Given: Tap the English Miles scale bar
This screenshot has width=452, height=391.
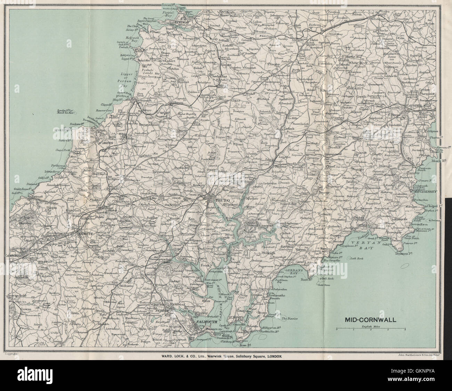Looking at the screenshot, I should point(371,328).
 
